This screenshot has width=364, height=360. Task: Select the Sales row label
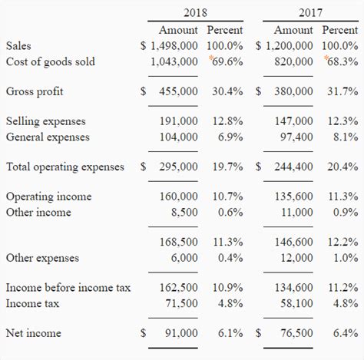[x=18, y=46]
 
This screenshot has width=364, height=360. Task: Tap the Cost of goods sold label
[x=50, y=61]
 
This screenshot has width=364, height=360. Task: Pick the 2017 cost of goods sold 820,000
[x=293, y=61]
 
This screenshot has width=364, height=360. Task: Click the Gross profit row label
[x=35, y=91]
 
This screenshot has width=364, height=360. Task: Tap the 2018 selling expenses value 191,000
[x=178, y=121]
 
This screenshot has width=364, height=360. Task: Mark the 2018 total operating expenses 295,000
[x=178, y=167]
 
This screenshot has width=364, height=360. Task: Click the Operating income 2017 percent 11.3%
[x=342, y=197]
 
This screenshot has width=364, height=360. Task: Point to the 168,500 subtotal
[x=178, y=242]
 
